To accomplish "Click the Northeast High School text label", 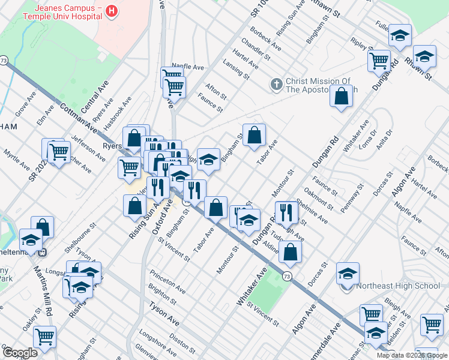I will click(398, 286).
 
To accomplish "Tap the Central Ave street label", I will click(94, 97).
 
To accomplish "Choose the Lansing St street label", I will click(236, 71).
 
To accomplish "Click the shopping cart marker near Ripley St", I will click(379, 60).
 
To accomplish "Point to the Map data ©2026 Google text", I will click(412, 355).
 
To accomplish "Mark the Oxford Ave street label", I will click(158, 220).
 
